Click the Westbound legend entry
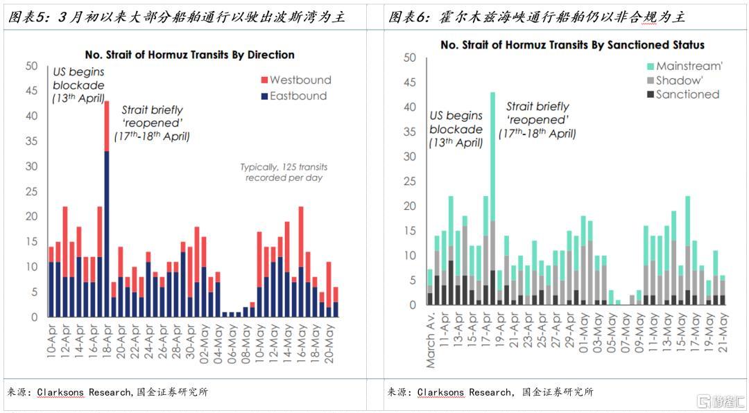(x=296, y=80)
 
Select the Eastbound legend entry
(x=294, y=96)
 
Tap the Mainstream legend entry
(x=685, y=66)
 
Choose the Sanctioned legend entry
(x=683, y=94)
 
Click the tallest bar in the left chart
(x=107, y=209)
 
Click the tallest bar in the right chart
(x=492, y=199)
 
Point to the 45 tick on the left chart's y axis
(x=31, y=91)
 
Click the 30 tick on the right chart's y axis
(x=410, y=157)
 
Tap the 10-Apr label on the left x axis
(x=51, y=341)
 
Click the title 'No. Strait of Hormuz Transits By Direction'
(x=189, y=55)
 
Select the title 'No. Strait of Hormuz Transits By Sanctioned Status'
(x=572, y=45)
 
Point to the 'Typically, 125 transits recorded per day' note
(x=284, y=173)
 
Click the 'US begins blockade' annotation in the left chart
(x=79, y=85)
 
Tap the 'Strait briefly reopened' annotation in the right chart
(x=537, y=120)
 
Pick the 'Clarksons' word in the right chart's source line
(x=440, y=392)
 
